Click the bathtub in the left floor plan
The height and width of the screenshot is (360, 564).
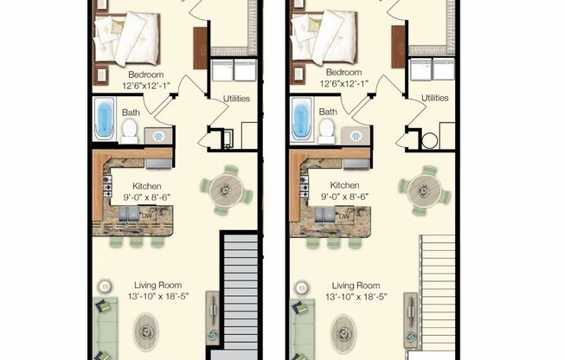point(105,119)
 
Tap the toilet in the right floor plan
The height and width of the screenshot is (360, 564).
point(327,130)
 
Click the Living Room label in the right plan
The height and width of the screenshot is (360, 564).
point(356,286)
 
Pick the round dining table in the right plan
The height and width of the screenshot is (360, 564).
point(424,188)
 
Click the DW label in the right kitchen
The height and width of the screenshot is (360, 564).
point(344,216)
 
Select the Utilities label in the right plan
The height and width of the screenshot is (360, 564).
point(434,99)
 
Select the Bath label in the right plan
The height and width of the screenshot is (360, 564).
point(328,112)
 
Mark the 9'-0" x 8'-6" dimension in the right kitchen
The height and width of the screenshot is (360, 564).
point(344,197)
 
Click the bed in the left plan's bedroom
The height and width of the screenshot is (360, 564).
point(126,38)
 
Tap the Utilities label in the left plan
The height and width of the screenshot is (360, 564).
point(236,99)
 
